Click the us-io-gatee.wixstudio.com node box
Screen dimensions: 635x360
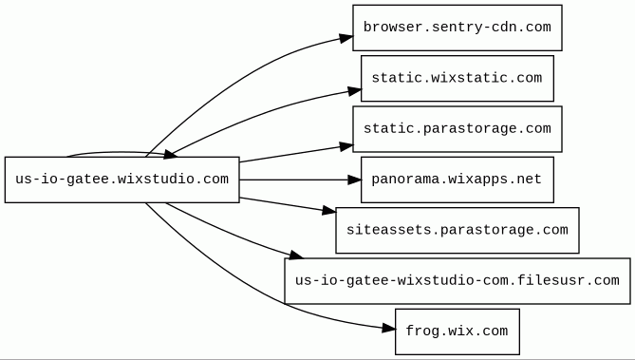(121, 180)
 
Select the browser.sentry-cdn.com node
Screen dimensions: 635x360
(458, 28)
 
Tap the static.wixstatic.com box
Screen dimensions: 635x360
(458, 78)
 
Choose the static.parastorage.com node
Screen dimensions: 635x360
(458, 129)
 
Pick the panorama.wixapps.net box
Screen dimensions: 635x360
(458, 180)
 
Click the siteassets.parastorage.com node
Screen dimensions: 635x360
(458, 230)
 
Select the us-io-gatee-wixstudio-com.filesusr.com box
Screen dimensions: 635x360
(458, 281)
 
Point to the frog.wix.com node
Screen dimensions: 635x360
(458, 332)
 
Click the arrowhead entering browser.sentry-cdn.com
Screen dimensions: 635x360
(346, 38)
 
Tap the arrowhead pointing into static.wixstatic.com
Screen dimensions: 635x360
(354, 91)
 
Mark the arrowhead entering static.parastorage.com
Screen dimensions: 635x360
(346, 146)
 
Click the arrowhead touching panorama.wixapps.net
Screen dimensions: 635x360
(354, 180)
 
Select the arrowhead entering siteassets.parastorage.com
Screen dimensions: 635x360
(329, 211)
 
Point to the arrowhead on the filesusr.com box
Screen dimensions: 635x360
(296, 256)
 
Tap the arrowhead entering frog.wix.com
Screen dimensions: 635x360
(389, 329)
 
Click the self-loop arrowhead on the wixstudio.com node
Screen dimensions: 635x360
(169, 154)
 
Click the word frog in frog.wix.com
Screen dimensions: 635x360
(420, 332)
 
